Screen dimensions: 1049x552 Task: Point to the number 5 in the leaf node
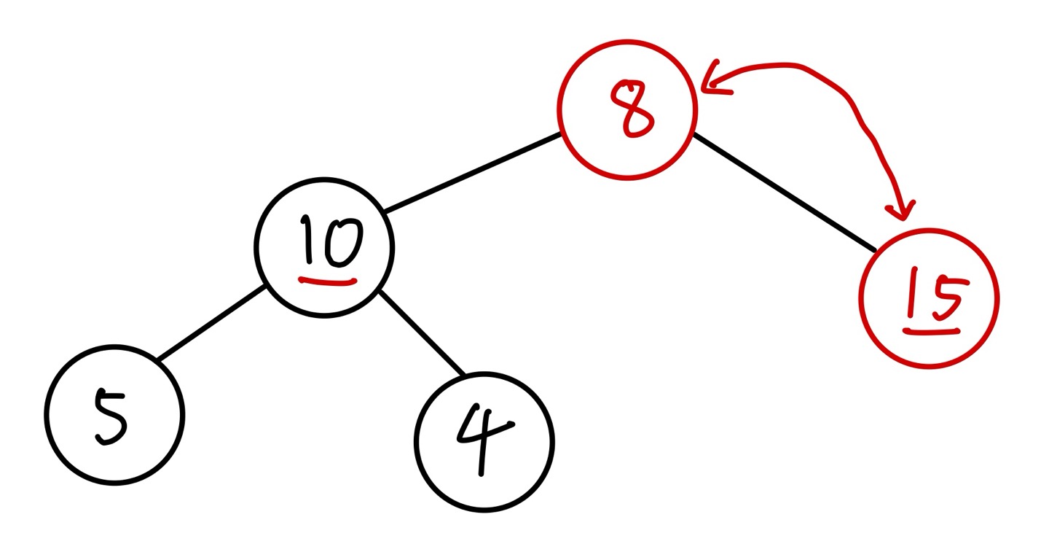(x=111, y=417)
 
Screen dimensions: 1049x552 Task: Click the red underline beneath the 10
(x=329, y=280)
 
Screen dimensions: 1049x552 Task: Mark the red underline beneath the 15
(x=931, y=330)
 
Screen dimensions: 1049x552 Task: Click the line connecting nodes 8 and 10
(x=472, y=174)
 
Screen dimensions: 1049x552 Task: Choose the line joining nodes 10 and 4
(x=421, y=333)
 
